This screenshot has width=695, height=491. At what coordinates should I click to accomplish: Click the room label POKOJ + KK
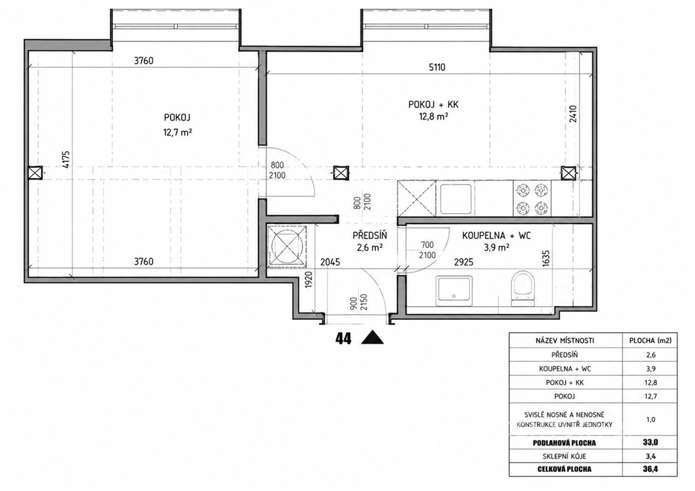click(433, 105)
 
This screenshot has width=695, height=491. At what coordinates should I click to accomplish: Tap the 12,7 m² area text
click(177, 132)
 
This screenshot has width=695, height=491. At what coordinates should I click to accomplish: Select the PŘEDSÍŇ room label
click(370, 236)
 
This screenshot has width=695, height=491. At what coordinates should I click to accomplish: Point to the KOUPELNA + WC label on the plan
click(495, 236)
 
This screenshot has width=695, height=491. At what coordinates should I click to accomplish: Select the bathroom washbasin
click(454, 290)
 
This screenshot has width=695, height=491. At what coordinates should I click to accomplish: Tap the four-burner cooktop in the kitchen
click(531, 199)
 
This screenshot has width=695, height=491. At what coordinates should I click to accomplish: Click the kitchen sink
click(457, 199)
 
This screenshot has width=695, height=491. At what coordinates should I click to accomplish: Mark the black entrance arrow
click(373, 338)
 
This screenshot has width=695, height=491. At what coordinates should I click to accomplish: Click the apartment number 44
click(343, 339)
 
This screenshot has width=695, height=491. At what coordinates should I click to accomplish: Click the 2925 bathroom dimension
click(464, 262)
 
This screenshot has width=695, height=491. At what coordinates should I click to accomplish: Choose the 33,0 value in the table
click(650, 442)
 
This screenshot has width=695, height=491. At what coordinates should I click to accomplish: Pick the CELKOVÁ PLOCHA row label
click(565, 469)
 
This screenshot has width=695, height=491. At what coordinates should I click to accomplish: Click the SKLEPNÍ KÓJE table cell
click(565, 456)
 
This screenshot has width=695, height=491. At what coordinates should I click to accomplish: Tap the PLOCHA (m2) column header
click(650, 341)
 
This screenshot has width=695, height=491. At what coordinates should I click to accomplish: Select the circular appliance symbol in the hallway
click(287, 247)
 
